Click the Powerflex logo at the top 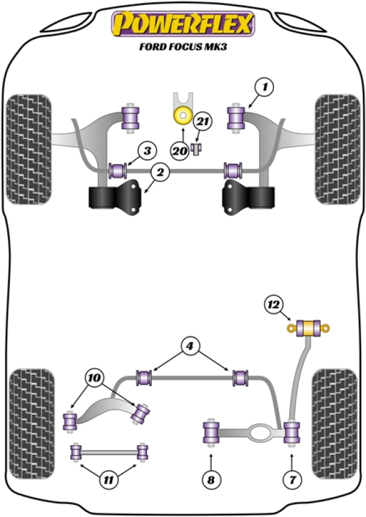182,24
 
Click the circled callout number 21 202,123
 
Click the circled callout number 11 108,480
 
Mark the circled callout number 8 211,480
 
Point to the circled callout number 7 293,480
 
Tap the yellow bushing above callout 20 182,114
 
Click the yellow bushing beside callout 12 310,328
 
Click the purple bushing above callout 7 293,433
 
